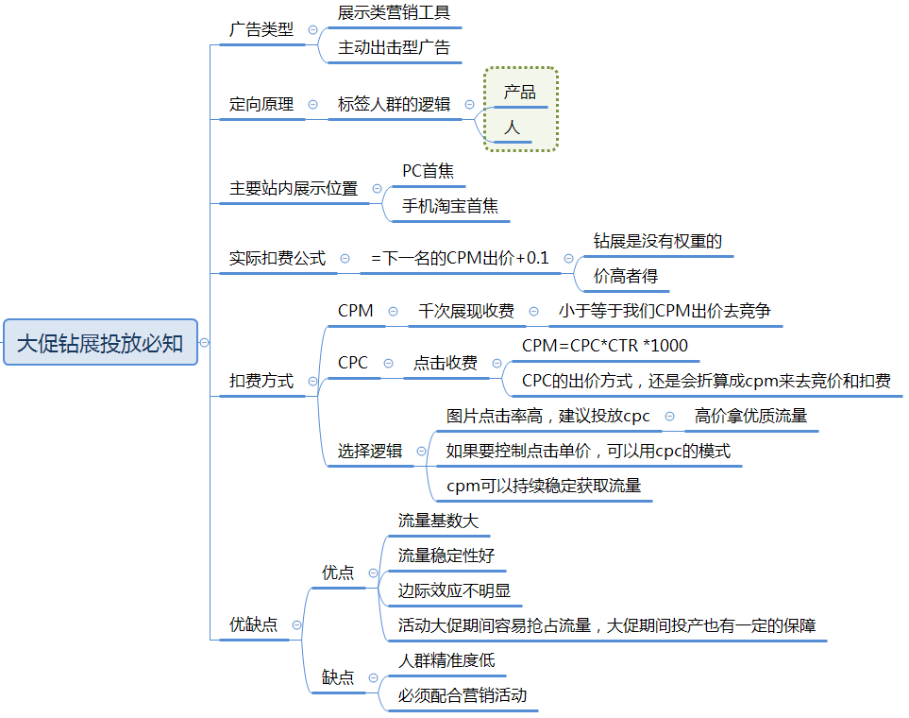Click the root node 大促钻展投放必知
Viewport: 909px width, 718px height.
pyautogui.click(x=100, y=342)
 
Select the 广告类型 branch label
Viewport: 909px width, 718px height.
pyautogui.click(x=261, y=29)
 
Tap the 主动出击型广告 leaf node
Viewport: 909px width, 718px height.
pyautogui.click(x=395, y=47)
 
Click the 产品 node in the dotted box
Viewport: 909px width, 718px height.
pyautogui.click(x=519, y=92)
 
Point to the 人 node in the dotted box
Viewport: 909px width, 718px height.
pyautogui.click(x=512, y=128)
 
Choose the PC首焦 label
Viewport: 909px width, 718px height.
pyautogui.click(x=428, y=171)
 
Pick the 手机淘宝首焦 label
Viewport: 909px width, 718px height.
pyautogui.click(x=450, y=205)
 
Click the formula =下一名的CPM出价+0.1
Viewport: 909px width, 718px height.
pyautogui.click(x=460, y=258)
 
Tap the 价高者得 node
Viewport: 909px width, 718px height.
pyautogui.click(x=626, y=276)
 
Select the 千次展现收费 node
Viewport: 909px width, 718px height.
pyautogui.click(x=466, y=311)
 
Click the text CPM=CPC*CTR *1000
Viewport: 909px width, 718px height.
pyautogui.click(x=605, y=346)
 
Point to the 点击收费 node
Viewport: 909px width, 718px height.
pyautogui.click(x=446, y=363)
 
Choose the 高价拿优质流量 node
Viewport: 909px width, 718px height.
pyautogui.click(x=750, y=416)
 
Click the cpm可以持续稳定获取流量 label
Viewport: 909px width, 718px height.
pyautogui.click(x=544, y=486)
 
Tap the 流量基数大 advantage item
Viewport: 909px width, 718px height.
pyautogui.click(x=438, y=520)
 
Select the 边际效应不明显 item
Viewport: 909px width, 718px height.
pyautogui.click(x=455, y=590)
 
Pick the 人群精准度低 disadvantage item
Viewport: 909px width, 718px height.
pyautogui.click(x=446, y=660)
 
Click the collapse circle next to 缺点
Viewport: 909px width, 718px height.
pyautogui.click(x=374, y=678)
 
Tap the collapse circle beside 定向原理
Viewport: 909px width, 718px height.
pyautogui.click(x=313, y=105)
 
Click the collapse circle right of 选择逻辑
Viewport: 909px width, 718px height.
pyautogui.click(x=421, y=451)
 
